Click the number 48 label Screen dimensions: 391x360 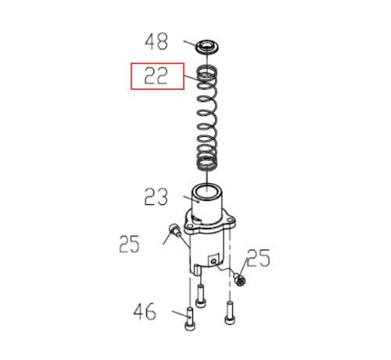156,41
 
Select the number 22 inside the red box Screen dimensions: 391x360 156,76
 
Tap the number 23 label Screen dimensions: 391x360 156,196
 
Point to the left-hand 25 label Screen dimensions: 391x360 129,244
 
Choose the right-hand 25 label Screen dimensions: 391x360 258,258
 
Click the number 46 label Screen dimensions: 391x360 145,311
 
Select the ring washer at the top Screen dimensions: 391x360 207,47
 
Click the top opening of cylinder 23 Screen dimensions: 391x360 207,190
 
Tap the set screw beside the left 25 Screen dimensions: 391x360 175,230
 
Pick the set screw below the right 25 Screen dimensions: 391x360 240,279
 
